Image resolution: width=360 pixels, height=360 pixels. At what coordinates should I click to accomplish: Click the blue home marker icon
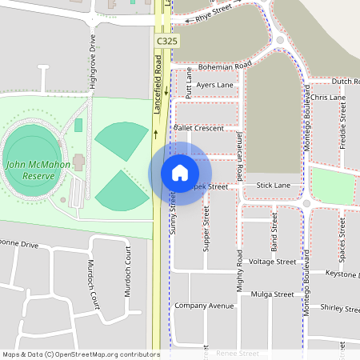click(x=180, y=173)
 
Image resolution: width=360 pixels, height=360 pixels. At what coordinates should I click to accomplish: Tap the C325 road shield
click(x=166, y=40)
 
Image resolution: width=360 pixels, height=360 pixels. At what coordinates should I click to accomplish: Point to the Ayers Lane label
click(x=214, y=85)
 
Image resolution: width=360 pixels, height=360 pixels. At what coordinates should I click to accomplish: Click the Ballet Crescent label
click(x=198, y=127)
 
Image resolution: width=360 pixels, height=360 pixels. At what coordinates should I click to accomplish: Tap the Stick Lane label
click(x=274, y=185)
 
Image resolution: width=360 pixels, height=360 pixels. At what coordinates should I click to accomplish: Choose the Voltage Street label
click(x=273, y=261)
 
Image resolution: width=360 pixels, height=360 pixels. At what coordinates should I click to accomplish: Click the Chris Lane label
click(x=328, y=97)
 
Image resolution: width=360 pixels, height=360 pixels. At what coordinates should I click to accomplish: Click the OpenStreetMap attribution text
click(x=81, y=354)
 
